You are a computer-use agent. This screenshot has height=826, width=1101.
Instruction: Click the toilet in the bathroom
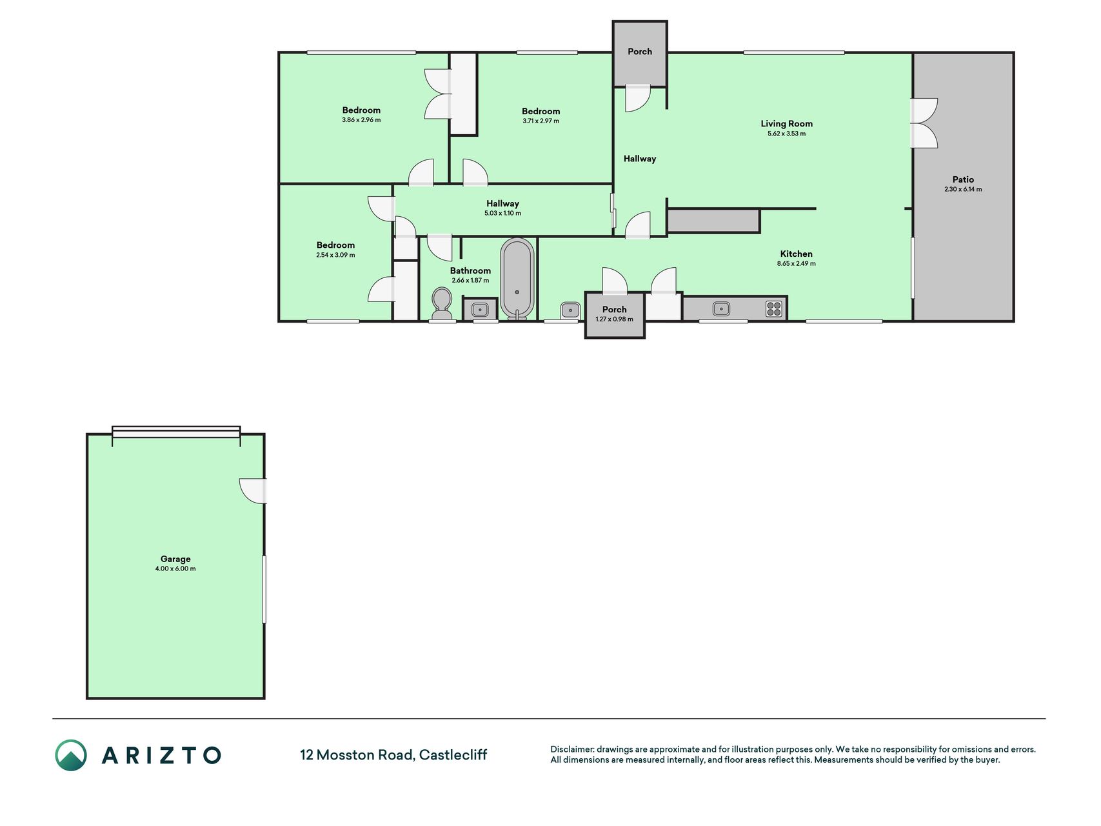[442, 303]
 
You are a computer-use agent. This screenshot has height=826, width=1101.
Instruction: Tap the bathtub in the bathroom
[517, 278]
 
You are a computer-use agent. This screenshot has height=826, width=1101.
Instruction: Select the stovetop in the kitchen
[774, 308]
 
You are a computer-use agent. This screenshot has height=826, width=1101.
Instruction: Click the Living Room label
[786, 123]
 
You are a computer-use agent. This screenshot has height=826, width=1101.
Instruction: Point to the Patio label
[963, 179]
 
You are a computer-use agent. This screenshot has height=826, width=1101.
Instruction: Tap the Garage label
[175, 559]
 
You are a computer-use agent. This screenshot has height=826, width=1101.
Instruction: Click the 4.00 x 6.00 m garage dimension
[175, 569]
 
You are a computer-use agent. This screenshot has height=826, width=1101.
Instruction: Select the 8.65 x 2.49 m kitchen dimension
[797, 263]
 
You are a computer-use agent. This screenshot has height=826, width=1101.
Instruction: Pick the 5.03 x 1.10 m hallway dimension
[502, 213]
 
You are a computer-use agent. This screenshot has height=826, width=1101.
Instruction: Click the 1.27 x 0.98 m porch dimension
[614, 319]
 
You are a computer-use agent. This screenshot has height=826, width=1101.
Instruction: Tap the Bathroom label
[470, 270]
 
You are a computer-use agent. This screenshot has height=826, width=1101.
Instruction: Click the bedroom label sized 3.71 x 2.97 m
[541, 111]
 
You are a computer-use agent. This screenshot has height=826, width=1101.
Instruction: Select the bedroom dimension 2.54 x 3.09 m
[335, 255]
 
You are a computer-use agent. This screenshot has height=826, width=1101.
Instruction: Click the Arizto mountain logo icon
[71, 755]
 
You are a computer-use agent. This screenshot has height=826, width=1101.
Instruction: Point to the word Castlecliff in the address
[453, 754]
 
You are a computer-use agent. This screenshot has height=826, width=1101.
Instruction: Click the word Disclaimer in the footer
[571, 749]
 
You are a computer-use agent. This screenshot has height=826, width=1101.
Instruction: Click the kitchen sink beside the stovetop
[721, 308]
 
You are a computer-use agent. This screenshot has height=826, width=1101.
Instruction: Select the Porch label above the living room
[640, 52]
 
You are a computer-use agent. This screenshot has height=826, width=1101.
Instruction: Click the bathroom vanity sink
[480, 310]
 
